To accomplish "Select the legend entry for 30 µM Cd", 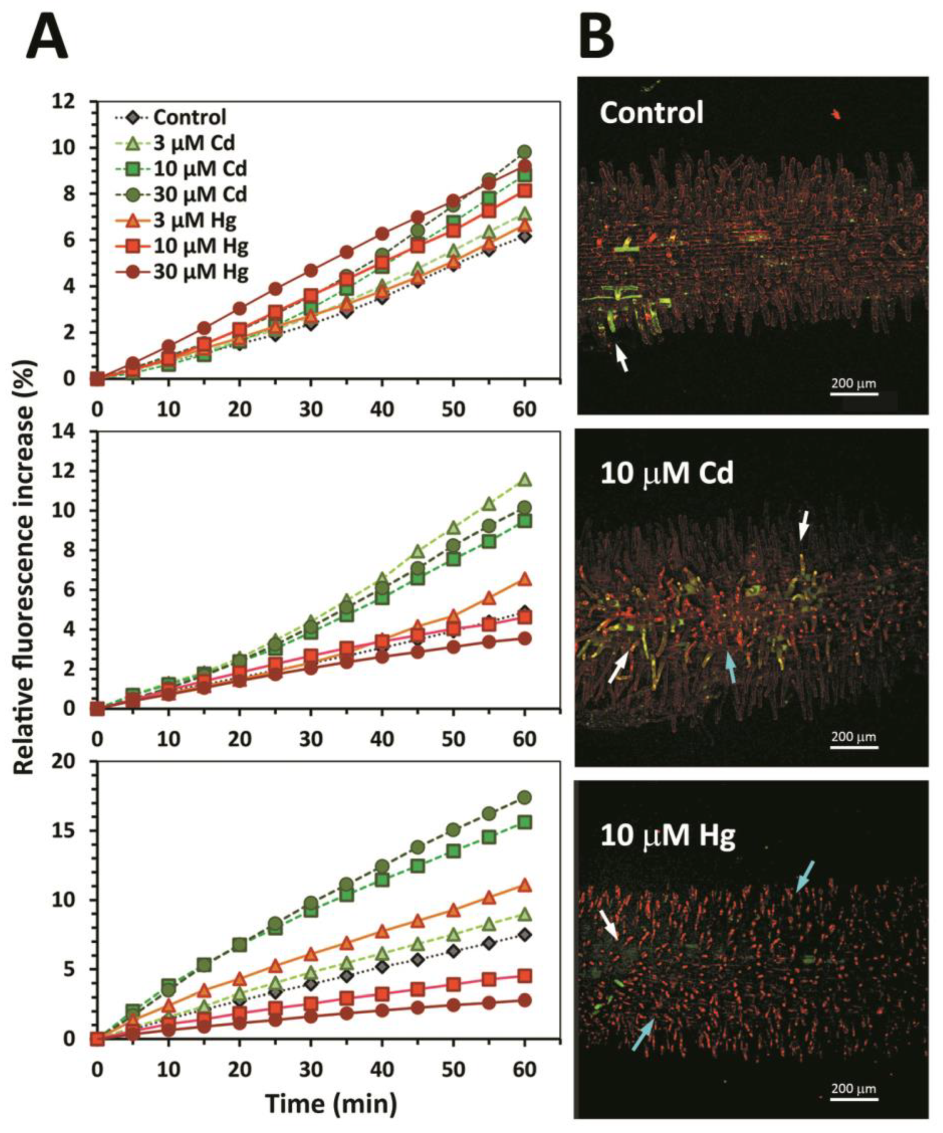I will pos(181,194).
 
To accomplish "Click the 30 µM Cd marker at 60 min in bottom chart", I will pos(524,797).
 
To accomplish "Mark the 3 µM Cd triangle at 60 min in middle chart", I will pos(524,479).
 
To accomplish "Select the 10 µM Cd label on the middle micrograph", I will pos(667,472).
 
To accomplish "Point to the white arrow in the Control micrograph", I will pos(622,358).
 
